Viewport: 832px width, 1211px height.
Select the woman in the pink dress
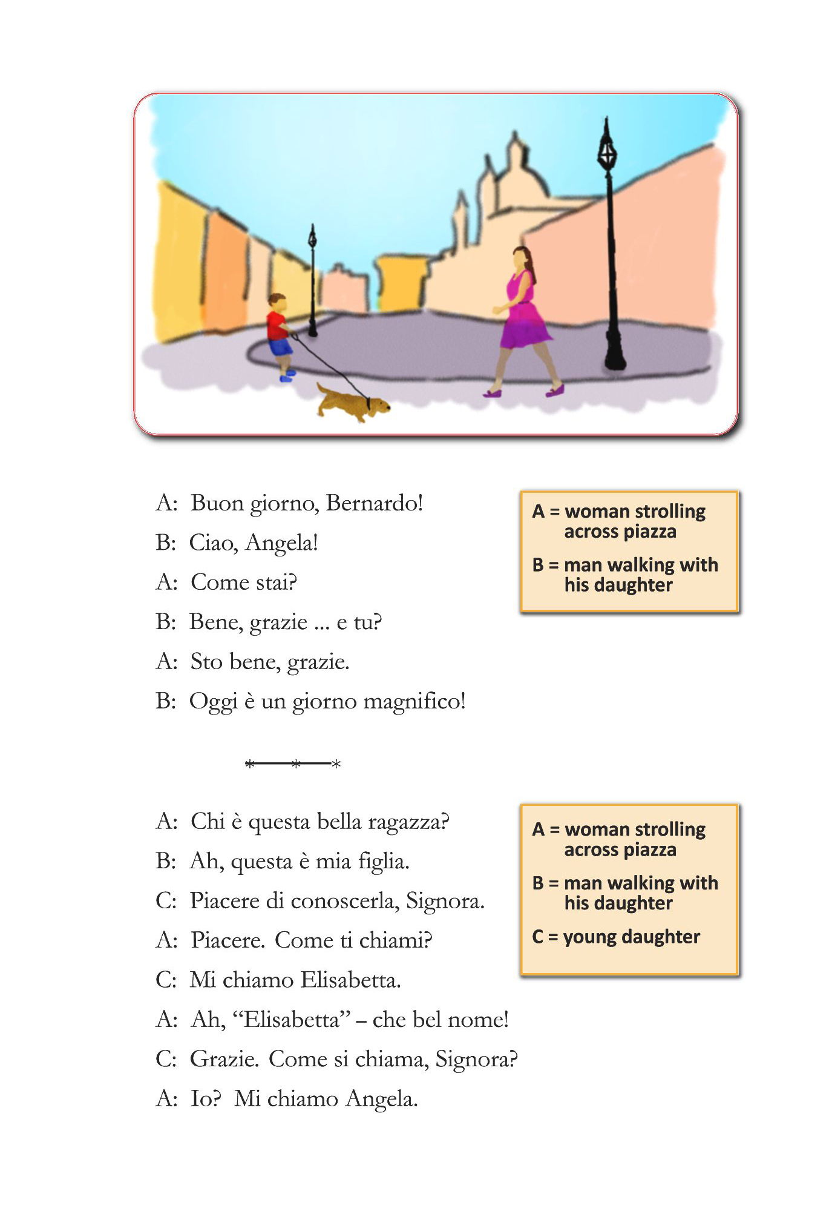522,315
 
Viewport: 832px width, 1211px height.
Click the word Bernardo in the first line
373,503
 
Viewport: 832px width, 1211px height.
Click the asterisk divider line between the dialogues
293,764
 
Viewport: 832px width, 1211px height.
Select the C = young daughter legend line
616,937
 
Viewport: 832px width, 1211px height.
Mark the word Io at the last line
206,1099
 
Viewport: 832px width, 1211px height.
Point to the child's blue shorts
280,347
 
